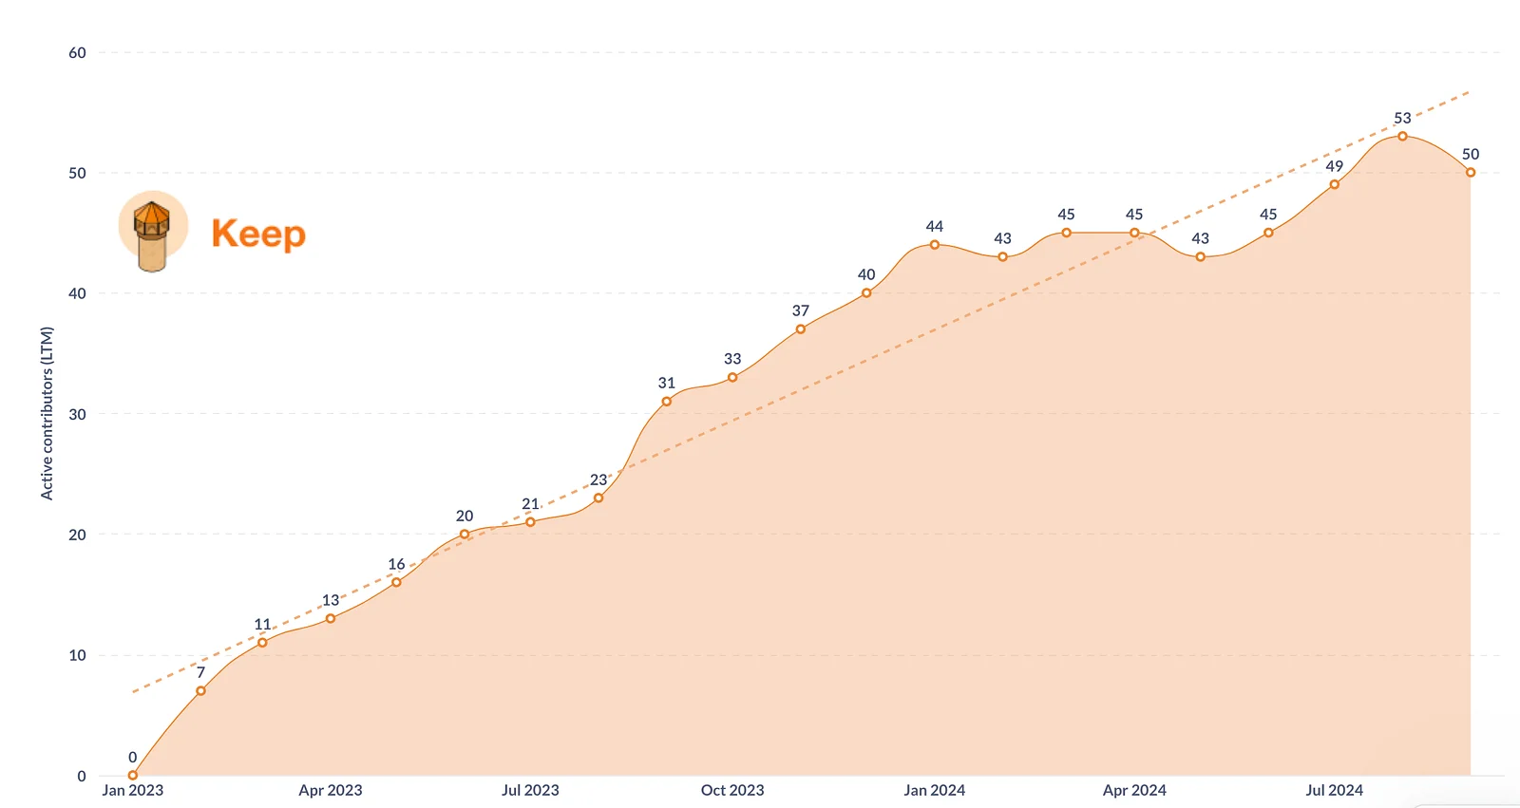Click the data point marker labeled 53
(x=1402, y=137)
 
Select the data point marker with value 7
(x=200, y=691)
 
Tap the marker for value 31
(x=667, y=402)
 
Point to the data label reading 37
(x=801, y=311)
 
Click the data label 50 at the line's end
(x=1471, y=155)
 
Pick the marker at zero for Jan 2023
(x=133, y=775)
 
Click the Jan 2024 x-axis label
(x=934, y=790)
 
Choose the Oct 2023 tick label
(x=732, y=790)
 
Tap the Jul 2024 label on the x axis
(x=1334, y=790)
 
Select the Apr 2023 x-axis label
(x=331, y=790)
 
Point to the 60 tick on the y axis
(x=77, y=53)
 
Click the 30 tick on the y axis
(x=77, y=414)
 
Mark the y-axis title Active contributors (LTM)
(x=47, y=413)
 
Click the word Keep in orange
(x=258, y=234)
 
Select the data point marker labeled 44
(x=935, y=245)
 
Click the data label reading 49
(x=1335, y=167)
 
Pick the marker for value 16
(x=396, y=582)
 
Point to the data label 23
(x=598, y=480)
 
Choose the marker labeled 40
(x=866, y=293)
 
